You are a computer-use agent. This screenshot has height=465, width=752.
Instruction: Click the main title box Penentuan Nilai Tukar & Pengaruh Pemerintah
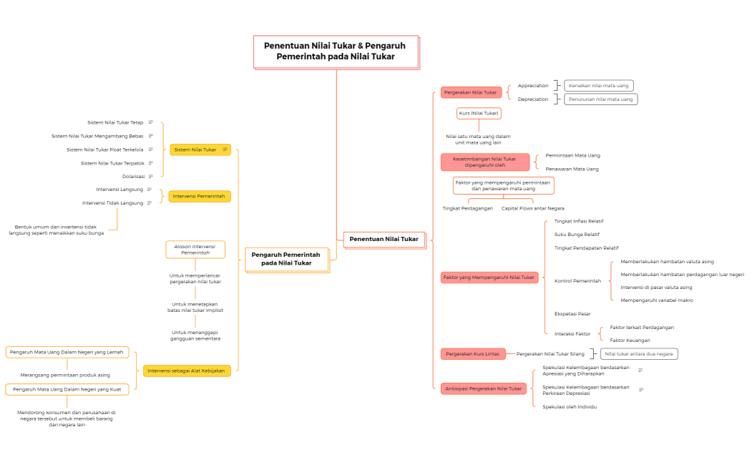coord(336,52)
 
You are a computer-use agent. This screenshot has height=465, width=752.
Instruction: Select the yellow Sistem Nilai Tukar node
coord(200,150)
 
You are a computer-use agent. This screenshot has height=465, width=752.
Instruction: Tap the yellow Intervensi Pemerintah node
coord(199,196)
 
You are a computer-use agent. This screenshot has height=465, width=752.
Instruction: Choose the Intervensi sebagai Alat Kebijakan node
coord(187,371)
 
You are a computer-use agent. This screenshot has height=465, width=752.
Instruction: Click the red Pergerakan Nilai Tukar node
coord(471,92)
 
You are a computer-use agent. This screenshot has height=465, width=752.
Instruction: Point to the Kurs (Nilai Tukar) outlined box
coord(479,113)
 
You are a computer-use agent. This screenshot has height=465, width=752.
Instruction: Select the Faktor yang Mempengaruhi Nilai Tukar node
coord(489,277)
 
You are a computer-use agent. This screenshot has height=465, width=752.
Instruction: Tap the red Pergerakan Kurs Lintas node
coord(473,354)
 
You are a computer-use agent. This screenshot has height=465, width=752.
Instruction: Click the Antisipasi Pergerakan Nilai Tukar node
coord(484,388)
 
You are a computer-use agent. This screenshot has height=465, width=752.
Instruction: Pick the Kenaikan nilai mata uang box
coord(599,85)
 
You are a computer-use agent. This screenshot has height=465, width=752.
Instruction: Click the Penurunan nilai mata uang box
coord(600,99)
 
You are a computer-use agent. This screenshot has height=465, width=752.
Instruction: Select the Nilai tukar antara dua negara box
coord(639,354)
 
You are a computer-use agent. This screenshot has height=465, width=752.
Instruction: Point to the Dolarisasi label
coord(133,177)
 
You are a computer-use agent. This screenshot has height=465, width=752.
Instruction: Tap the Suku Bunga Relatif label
coord(577,235)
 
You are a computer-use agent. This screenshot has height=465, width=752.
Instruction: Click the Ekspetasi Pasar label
coord(572,313)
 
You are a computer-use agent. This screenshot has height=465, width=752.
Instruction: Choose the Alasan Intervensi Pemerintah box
coord(195,249)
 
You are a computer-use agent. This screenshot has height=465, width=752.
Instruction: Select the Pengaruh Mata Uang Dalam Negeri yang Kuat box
coord(67,389)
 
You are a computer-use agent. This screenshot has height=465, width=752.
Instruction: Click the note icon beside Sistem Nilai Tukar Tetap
coord(150,122)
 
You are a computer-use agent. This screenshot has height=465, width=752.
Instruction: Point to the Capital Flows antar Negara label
coord(533,208)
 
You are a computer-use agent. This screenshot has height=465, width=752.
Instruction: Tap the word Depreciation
coord(533,99)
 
